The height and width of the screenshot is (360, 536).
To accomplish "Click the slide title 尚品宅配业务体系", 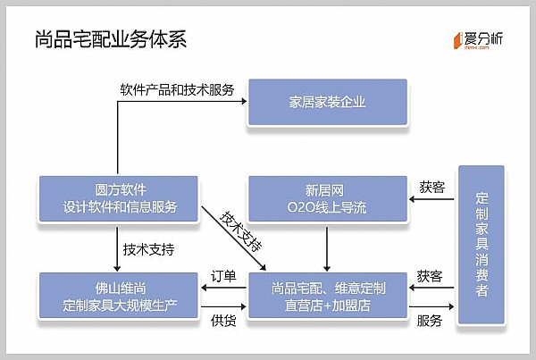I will pyautogui.click(x=111, y=40).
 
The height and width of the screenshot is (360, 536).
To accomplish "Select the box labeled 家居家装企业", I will pyautogui.click(x=328, y=102).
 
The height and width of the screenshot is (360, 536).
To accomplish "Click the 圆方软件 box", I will pyautogui.click(x=121, y=198).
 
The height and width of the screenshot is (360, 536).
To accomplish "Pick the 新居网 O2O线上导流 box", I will pyautogui.click(x=328, y=198).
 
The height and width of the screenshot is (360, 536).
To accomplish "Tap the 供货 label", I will pyautogui.click(x=223, y=321).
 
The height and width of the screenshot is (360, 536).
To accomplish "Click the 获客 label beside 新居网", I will pyautogui.click(x=431, y=187).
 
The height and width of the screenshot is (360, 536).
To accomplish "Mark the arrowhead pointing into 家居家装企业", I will pyautogui.click(x=243, y=102).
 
